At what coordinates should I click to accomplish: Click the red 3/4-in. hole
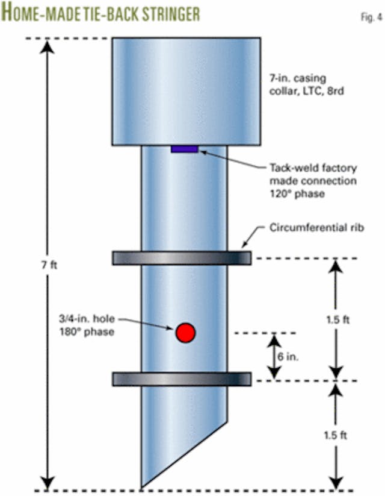[185, 332]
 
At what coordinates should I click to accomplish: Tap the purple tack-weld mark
[184, 149]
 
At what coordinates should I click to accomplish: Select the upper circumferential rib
[182, 258]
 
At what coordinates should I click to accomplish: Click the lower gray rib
[182, 379]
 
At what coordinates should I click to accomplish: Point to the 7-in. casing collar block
[186, 91]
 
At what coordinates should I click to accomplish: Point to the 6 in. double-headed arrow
[274, 356]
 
